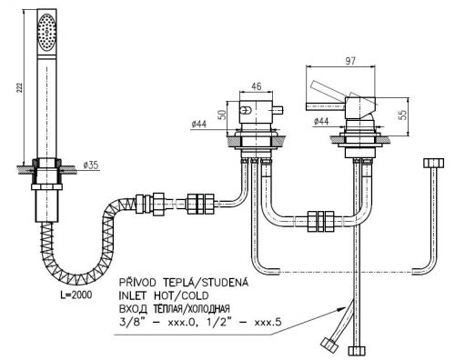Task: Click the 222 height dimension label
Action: point(19,87)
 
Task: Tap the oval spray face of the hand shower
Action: point(46,31)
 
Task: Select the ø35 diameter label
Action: point(90,165)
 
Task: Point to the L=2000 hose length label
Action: point(76,295)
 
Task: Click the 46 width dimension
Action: point(257,86)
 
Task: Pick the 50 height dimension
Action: point(223,115)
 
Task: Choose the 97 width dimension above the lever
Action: point(350,61)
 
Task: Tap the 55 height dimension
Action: point(403,115)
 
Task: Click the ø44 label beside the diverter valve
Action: point(199,124)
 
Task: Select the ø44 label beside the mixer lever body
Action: point(321,122)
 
